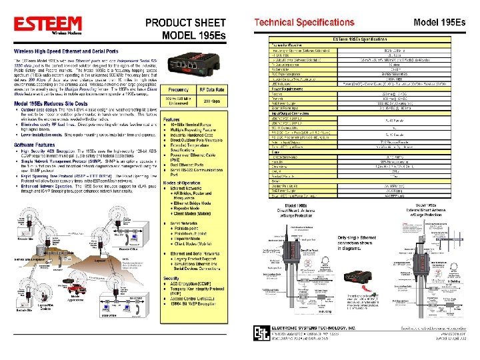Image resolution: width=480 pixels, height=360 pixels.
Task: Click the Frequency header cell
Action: click(x=178, y=89)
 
